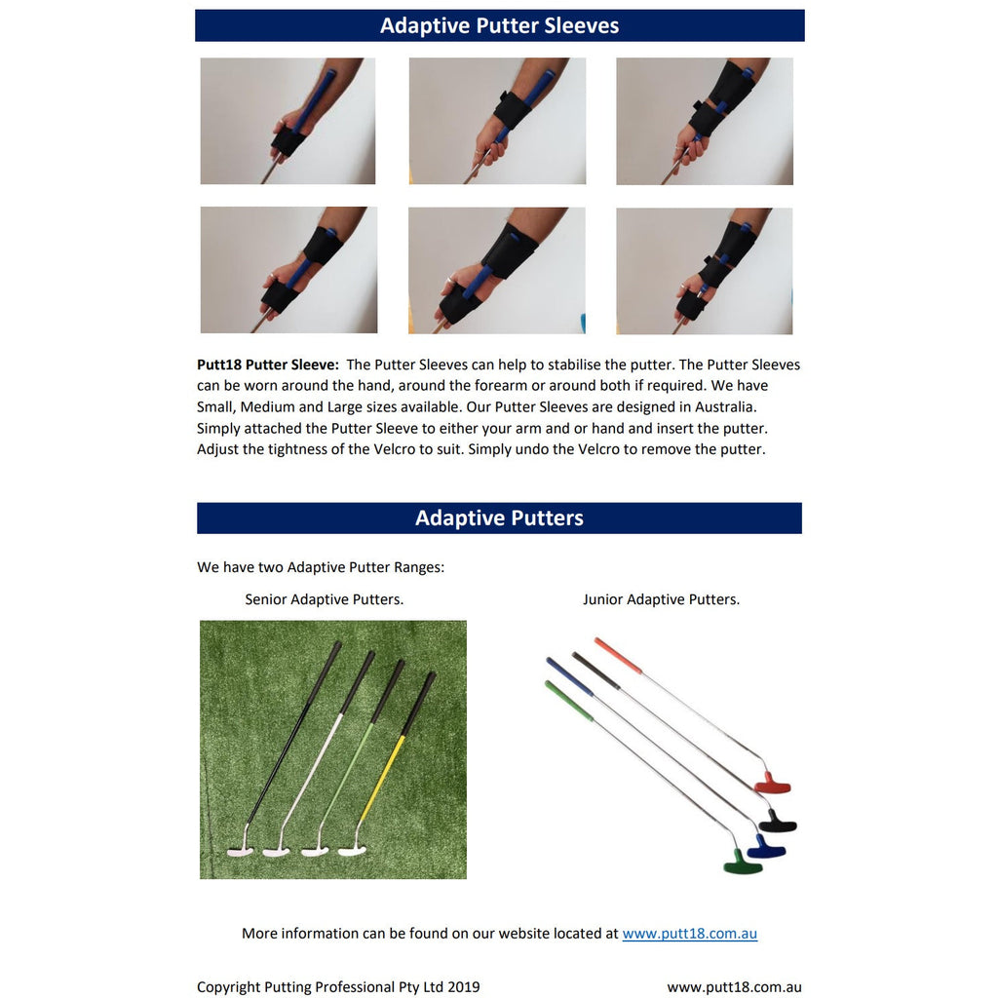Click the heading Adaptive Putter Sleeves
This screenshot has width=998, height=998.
[499, 25]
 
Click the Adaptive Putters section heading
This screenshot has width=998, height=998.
[499, 518]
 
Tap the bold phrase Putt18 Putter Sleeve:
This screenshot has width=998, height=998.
[267, 365]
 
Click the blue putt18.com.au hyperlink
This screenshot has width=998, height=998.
[689, 933]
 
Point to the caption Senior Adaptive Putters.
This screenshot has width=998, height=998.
[324, 599]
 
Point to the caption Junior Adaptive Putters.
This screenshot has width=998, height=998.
[661, 599]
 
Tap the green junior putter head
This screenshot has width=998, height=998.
[743, 863]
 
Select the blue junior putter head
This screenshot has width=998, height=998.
[766, 846]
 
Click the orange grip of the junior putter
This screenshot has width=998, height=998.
[618, 655]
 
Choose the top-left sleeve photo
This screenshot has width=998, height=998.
[288, 121]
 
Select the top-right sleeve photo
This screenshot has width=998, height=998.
[704, 121]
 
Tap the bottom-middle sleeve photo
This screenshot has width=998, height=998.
[496, 270]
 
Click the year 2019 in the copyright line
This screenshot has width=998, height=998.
[462, 987]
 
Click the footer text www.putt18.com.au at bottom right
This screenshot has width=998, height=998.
[734, 987]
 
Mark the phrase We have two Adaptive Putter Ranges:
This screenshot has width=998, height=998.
[320, 567]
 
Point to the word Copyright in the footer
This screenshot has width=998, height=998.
[228, 987]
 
